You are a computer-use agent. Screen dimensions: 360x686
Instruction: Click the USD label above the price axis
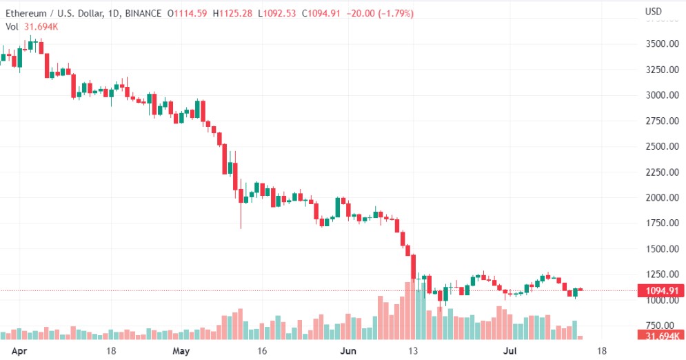pos(654,11)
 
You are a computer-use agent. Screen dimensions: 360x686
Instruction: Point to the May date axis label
pos(181,350)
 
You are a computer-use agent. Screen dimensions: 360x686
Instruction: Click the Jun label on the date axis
pos(349,350)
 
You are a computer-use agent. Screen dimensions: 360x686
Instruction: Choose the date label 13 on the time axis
pos(414,350)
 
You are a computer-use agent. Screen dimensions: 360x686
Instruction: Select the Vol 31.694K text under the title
pos(32,26)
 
